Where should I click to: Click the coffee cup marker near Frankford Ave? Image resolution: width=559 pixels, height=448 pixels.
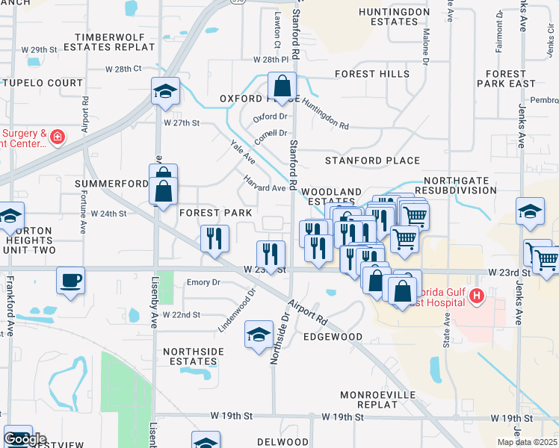[70, 281]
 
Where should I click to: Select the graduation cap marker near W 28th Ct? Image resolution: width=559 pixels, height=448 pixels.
[165, 92]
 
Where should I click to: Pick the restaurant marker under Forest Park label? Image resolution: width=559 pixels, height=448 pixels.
[214, 239]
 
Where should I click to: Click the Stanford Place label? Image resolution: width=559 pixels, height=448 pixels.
[372, 161]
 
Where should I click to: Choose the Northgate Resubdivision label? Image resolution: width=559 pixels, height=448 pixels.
[460, 186]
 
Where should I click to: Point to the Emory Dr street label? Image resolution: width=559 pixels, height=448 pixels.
[203, 282]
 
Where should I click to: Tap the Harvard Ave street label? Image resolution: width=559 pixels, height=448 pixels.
[265, 184]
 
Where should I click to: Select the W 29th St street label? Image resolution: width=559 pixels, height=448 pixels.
[39, 49]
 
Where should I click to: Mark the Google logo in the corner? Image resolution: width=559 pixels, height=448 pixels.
[25, 439]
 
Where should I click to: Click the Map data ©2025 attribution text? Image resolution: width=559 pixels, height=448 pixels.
[527, 442]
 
